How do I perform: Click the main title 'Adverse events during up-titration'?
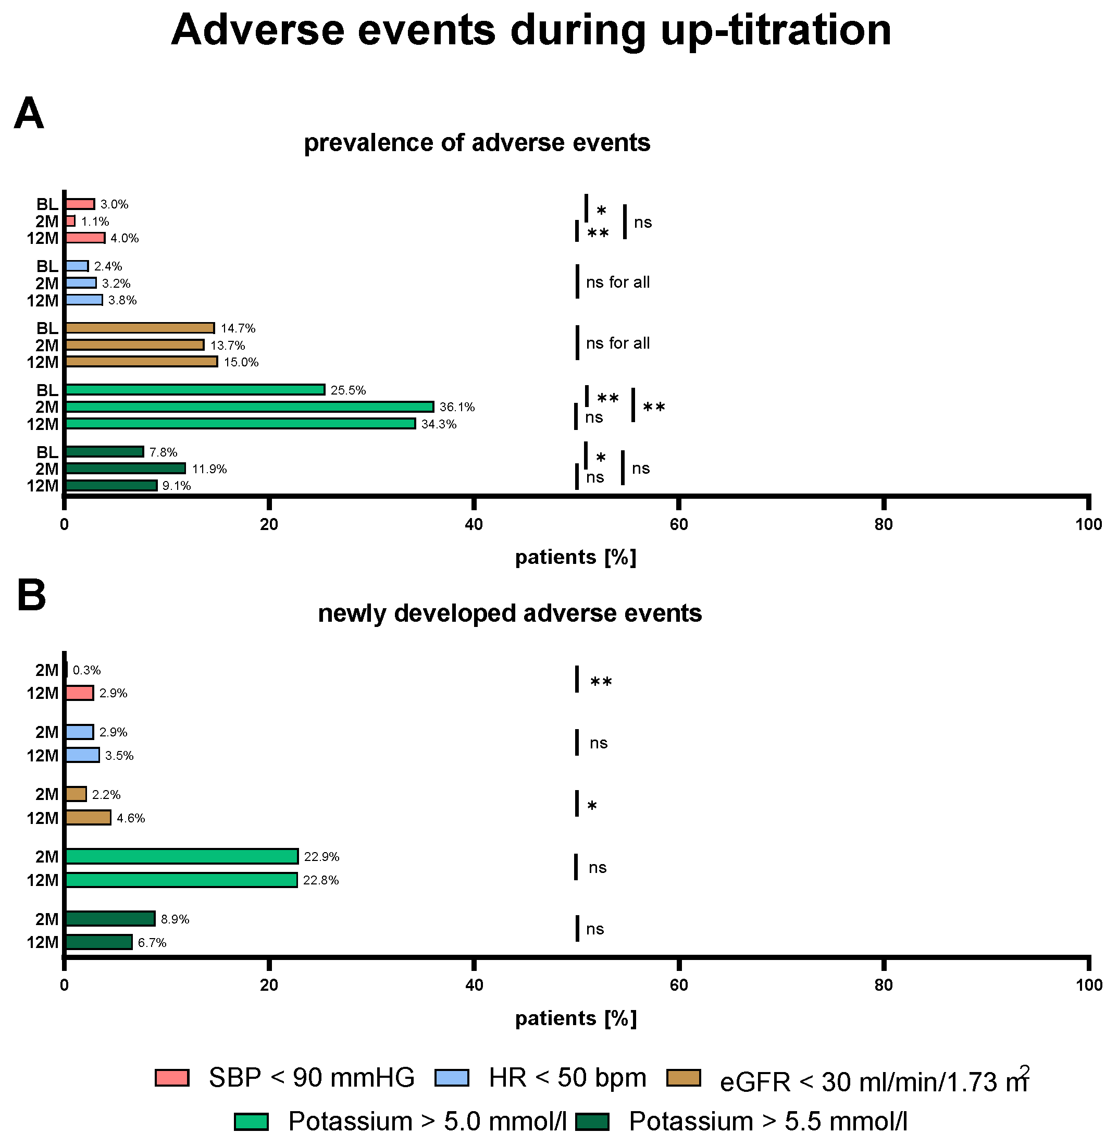click(x=531, y=31)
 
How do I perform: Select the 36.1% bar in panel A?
click(x=250, y=407)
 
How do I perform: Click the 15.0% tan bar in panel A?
click(x=141, y=361)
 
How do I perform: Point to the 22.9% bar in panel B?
click(x=181, y=857)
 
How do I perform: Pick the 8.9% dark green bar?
click(x=110, y=919)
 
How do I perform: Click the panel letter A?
click(x=29, y=114)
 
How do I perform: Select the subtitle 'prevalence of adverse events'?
click(x=477, y=143)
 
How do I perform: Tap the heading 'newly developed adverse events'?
click(x=510, y=613)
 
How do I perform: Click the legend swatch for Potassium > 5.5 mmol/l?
click(x=592, y=1122)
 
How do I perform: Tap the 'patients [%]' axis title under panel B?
click(x=576, y=1018)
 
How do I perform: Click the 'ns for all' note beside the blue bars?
click(x=618, y=282)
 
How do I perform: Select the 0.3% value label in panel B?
click(x=87, y=670)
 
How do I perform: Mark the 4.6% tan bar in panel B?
click(x=88, y=818)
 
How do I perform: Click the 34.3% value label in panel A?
click(x=439, y=424)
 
